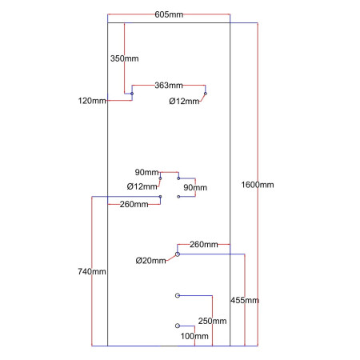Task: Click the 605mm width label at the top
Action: click(168, 14)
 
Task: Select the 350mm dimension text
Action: click(124, 58)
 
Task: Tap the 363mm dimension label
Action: click(168, 85)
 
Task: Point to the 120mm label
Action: click(92, 100)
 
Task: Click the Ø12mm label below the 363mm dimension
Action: click(184, 101)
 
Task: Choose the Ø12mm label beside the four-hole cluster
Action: click(142, 186)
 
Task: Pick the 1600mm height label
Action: click(258, 185)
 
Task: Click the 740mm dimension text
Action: click(92, 272)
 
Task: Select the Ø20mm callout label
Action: click(150, 260)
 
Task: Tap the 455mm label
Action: click(244, 300)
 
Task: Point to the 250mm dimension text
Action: click(211, 321)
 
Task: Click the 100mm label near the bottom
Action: click(194, 336)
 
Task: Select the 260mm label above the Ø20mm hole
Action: click(204, 244)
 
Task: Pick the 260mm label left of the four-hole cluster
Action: click(134, 204)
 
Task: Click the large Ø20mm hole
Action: click(178, 254)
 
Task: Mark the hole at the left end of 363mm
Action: click(132, 94)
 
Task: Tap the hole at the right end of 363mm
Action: click(206, 94)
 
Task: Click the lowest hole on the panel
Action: click(177, 326)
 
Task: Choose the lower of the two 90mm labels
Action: click(195, 187)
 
